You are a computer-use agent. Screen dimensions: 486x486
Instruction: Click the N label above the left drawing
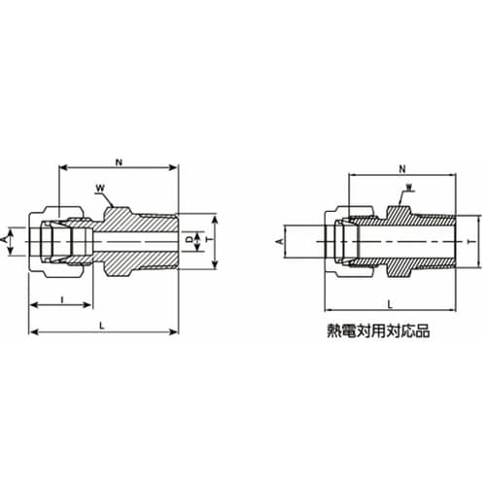(x=120, y=162)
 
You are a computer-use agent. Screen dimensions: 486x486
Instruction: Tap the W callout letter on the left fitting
(x=100, y=188)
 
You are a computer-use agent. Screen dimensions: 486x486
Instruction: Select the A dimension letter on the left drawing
(x=4, y=239)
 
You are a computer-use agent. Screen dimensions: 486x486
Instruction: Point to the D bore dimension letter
(x=191, y=239)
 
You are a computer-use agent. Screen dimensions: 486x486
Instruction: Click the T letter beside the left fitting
(x=210, y=239)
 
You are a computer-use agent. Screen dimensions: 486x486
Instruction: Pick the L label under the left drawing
(x=102, y=326)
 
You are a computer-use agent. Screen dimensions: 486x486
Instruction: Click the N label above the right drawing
(x=402, y=168)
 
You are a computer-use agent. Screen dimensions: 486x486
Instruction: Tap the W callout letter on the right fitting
(x=409, y=187)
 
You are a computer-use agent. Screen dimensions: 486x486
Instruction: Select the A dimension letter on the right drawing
(x=281, y=241)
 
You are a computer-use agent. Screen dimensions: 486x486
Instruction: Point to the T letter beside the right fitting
(x=469, y=242)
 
